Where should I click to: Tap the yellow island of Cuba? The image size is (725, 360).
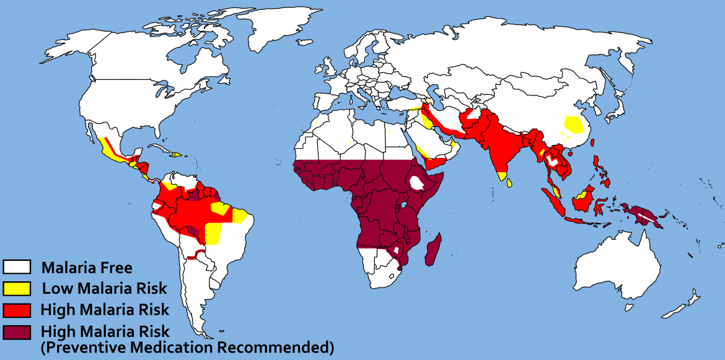[175, 154]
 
